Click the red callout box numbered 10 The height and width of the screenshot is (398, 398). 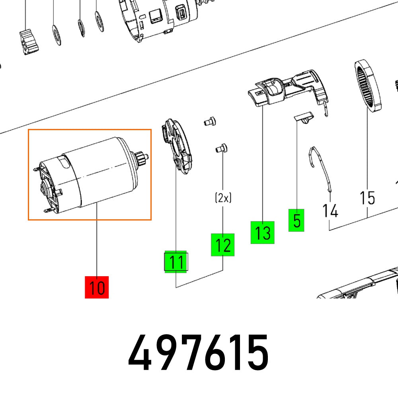click(97, 287)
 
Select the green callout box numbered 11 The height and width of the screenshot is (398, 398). click(176, 262)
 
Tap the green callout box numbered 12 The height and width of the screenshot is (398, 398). click(222, 245)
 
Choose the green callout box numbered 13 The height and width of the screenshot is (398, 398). click(262, 232)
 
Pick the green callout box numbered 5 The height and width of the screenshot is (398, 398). click(297, 220)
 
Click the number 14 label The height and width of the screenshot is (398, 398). click(330, 210)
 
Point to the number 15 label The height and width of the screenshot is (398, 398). click(367, 197)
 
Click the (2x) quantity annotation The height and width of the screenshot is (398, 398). click(223, 198)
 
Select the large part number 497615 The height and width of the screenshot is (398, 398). click(198, 353)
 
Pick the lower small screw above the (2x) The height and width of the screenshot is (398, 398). click(220, 148)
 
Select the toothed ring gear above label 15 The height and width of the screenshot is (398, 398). click(367, 86)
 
